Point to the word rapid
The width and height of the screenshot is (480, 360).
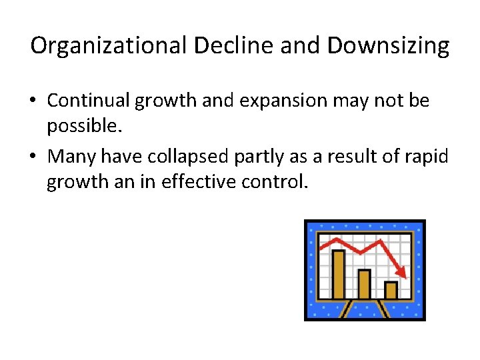pos(431,156)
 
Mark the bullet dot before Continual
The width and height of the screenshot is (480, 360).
pos(33,102)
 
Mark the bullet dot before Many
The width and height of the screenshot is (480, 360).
pos(33,157)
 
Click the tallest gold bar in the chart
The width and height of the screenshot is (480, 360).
pos(338,275)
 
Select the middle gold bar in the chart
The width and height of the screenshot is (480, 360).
pos(364,284)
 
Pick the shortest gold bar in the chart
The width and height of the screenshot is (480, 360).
pos(391,290)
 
